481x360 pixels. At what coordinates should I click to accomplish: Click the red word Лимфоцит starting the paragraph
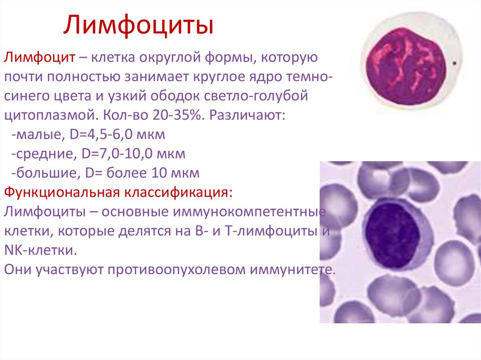[x=39, y=57]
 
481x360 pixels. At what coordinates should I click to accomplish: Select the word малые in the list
[x=40, y=135]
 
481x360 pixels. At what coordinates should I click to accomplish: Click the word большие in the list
[x=47, y=173]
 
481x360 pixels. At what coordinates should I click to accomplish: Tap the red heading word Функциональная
[x=62, y=192]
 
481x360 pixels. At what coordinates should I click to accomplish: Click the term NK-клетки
[x=40, y=251]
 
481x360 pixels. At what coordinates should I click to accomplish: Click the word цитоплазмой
[x=51, y=115]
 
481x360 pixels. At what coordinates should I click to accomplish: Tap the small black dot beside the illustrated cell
[x=454, y=63]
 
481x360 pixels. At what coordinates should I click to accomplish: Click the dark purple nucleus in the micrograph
[x=392, y=235]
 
